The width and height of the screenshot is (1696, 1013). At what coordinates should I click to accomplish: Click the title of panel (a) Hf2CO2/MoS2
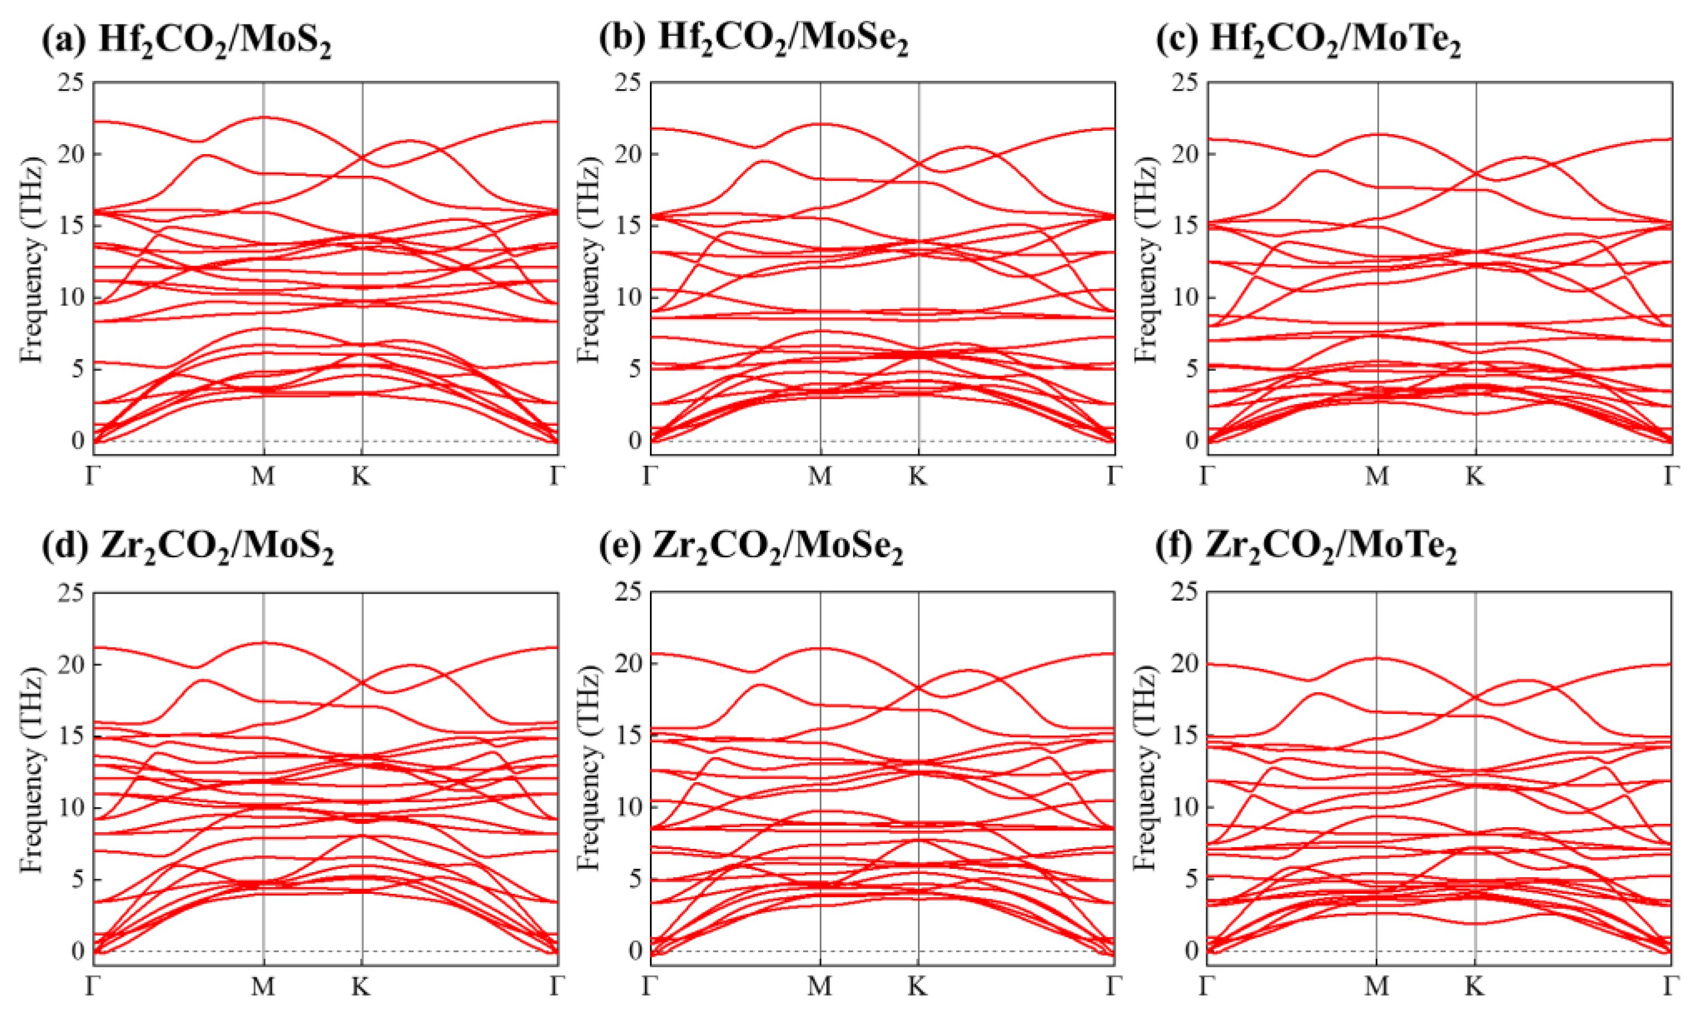(x=187, y=39)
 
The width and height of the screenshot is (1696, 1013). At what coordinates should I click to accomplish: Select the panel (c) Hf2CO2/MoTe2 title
(x=1308, y=39)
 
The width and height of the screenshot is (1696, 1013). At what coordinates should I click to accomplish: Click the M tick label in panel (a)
(x=263, y=476)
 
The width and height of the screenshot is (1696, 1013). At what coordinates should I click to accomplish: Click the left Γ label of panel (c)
(x=1207, y=476)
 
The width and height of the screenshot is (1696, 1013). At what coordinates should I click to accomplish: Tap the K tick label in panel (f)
(x=1475, y=986)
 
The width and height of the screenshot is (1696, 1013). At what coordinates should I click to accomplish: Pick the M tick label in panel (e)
(x=820, y=986)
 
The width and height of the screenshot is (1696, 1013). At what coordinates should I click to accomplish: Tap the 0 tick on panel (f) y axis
(x=1191, y=950)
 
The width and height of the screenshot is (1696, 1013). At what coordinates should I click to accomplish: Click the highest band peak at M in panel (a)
(x=263, y=117)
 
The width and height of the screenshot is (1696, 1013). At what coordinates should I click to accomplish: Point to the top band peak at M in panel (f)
(x=1377, y=658)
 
